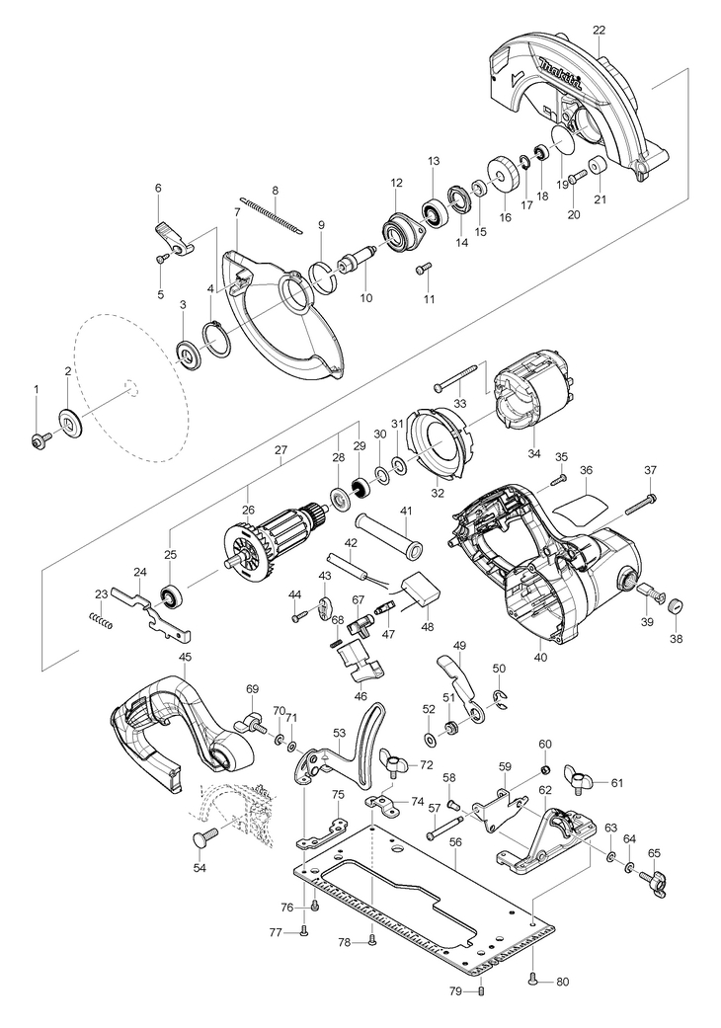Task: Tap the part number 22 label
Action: (x=600, y=31)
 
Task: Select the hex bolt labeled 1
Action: (x=38, y=441)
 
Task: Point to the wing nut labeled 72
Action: (x=397, y=765)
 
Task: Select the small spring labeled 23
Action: (x=101, y=619)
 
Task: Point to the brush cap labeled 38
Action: (x=678, y=603)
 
